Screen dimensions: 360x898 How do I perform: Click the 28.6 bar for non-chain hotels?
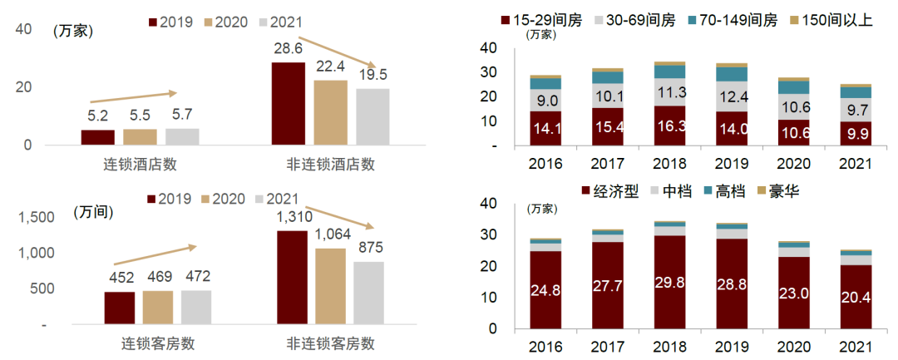pos(288,104)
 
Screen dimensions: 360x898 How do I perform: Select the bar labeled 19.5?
pos(373,116)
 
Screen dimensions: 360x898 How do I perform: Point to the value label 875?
pos(370,248)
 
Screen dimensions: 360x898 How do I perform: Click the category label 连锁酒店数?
pos(139,164)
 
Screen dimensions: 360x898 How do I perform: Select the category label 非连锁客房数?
pos(330,343)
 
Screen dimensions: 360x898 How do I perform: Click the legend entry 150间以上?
pos(831,19)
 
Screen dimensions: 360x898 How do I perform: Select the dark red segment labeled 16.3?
pos(670,126)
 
